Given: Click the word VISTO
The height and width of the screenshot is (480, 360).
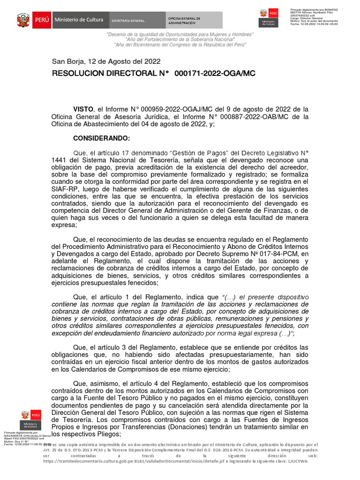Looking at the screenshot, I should (x=83, y=109).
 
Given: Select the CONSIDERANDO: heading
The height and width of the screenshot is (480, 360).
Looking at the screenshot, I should (x=101, y=138).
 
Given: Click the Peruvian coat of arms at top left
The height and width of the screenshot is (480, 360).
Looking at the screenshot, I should (x=23, y=20).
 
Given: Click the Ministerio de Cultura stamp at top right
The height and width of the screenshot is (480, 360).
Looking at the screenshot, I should (x=268, y=18).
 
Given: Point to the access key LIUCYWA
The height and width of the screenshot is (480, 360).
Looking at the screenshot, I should (x=298, y=461).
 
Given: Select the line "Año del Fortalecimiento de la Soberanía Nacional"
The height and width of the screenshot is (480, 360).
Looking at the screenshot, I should (x=180, y=40).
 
